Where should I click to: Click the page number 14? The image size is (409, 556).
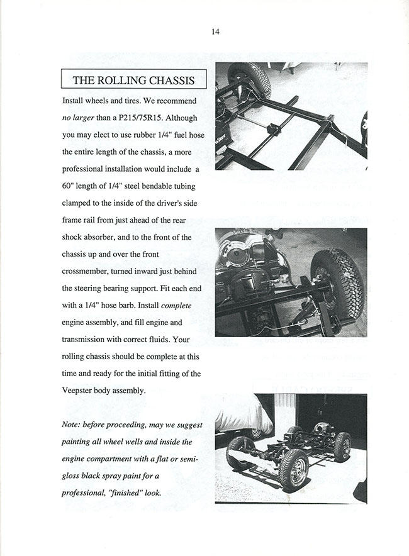pos(215,31)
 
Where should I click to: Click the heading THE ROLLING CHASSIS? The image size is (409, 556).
pos(133,80)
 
